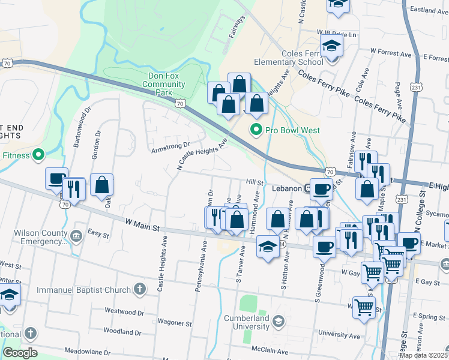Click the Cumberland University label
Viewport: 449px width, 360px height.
pos(247,322)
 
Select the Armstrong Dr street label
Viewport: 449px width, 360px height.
pos(170,146)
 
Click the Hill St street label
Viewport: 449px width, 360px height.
pos(255,182)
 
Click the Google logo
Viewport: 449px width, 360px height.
pos(20,353)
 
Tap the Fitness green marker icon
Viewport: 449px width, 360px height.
pos(40,155)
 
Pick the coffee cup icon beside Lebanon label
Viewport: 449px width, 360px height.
pos(321,188)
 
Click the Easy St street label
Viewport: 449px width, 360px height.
pos(97,232)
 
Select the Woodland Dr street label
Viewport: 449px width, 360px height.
pos(122,332)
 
